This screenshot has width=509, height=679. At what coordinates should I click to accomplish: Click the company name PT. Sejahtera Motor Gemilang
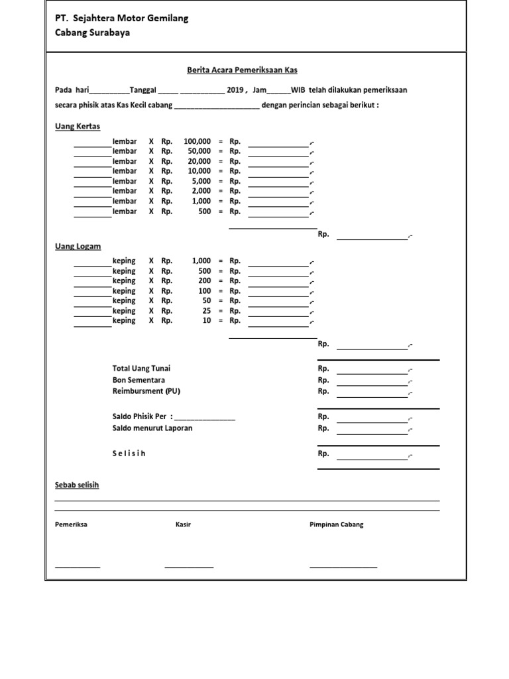click(121, 19)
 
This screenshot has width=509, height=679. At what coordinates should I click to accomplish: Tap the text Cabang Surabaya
click(92, 33)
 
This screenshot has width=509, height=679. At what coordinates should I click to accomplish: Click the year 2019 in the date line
click(235, 90)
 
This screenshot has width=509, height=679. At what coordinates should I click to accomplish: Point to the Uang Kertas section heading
click(77, 126)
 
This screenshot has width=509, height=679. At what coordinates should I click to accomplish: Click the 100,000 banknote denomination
click(198, 141)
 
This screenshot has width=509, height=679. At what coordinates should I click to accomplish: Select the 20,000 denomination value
click(199, 161)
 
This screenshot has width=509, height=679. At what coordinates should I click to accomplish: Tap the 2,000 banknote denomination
click(201, 191)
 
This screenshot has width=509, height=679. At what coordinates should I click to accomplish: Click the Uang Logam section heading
click(78, 246)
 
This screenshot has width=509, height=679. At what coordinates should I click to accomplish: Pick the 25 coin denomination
click(207, 310)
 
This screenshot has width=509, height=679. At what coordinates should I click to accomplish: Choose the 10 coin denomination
click(207, 320)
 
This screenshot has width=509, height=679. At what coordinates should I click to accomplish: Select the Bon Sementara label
click(138, 380)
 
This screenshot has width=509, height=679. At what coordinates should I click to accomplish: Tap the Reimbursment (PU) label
click(146, 391)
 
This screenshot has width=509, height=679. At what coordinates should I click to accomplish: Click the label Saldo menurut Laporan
click(152, 428)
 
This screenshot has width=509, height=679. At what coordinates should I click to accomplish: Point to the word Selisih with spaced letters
click(129, 454)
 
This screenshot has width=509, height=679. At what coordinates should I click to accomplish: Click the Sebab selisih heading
click(76, 485)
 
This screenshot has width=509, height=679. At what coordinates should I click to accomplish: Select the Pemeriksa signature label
click(71, 525)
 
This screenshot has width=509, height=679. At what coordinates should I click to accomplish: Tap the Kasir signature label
click(183, 525)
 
